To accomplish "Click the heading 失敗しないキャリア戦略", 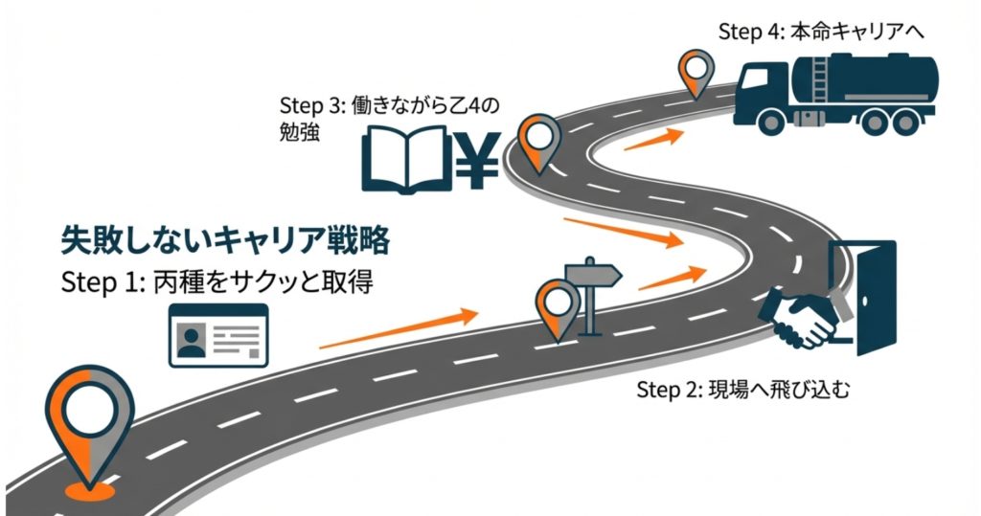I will pos(225,240).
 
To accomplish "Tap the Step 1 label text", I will pos(216,283).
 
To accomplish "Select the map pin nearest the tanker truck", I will pos(696,73).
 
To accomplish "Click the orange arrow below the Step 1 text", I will pos(398,329).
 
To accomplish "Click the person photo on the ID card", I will pos(193,338).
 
